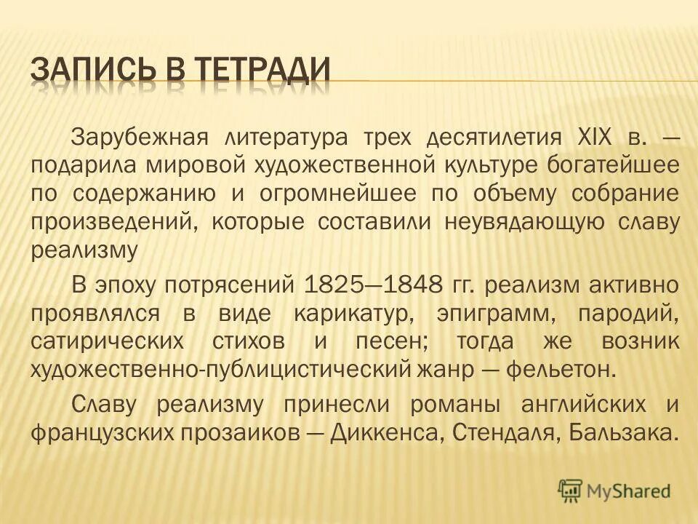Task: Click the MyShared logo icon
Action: tap(571, 491)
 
